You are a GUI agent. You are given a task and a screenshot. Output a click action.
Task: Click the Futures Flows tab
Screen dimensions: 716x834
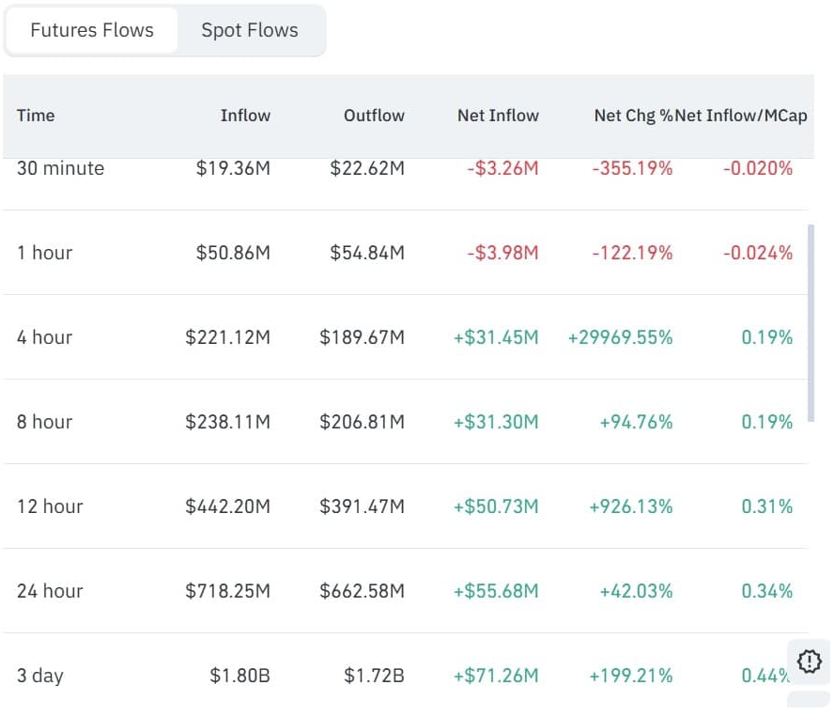click(x=92, y=30)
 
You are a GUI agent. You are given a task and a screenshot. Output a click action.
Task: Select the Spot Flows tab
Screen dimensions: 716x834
click(x=250, y=30)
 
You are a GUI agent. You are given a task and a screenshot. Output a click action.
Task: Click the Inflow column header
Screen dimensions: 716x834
click(x=245, y=116)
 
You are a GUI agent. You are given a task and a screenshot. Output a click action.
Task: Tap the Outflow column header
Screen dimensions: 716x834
click(x=374, y=116)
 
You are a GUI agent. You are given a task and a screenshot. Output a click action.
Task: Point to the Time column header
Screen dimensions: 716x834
click(x=36, y=116)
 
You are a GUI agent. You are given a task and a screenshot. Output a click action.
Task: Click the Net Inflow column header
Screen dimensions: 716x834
click(x=498, y=116)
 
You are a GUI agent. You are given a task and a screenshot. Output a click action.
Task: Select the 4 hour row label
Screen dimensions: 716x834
click(x=44, y=337)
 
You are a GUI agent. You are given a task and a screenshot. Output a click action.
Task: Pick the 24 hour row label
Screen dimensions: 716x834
click(x=50, y=591)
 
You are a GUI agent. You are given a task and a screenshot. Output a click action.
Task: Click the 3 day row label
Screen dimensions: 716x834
click(x=40, y=676)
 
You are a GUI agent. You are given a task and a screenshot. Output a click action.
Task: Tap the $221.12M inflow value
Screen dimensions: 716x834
click(x=227, y=337)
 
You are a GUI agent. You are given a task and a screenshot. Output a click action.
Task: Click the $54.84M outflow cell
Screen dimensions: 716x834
click(x=367, y=253)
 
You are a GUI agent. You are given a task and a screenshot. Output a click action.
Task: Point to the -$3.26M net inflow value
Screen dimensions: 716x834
click(x=502, y=168)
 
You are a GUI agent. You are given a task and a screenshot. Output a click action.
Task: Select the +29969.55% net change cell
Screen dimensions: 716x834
click(x=620, y=337)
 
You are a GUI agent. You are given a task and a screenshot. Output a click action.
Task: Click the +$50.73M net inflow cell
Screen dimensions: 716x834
click(x=496, y=506)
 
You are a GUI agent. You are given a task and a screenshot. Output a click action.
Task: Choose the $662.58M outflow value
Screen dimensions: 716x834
click(x=362, y=591)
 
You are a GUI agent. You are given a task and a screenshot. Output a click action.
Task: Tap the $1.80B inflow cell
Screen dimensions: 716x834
click(x=240, y=676)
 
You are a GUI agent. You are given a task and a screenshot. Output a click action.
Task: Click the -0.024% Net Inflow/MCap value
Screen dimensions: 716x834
click(x=757, y=253)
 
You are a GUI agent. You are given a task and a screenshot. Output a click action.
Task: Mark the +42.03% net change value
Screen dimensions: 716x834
click(x=636, y=591)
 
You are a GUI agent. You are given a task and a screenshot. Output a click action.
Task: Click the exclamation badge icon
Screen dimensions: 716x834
click(x=809, y=661)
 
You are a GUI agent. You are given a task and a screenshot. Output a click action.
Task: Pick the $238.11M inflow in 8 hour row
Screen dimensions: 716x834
click(x=227, y=422)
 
